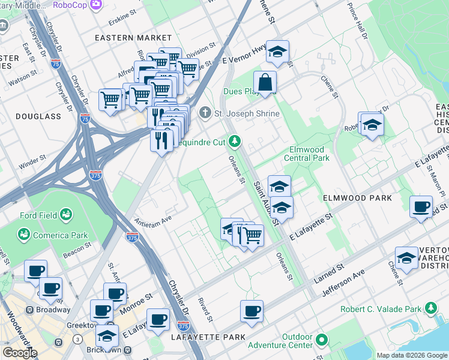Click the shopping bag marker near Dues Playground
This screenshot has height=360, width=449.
pyautogui.click(x=265, y=83)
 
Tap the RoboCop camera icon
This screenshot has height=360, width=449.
pyautogui.click(x=96, y=5)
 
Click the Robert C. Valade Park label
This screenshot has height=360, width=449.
pyautogui.click(x=381, y=309)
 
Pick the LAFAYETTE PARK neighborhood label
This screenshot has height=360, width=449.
pyautogui.click(x=209, y=337)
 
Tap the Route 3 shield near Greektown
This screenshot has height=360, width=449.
pyautogui.click(x=77, y=340)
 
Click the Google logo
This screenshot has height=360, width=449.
pyautogui.click(x=20, y=353)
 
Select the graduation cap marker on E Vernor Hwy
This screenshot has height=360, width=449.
pyautogui.click(x=277, y=52)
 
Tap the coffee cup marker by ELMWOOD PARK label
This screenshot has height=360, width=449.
pyautogui.click(x=420, y=207)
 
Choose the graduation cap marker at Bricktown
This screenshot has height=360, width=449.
pyautogui.click(x=107, y=335)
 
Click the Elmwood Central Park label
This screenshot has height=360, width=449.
pyautogui.click(x=310, y=154)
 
